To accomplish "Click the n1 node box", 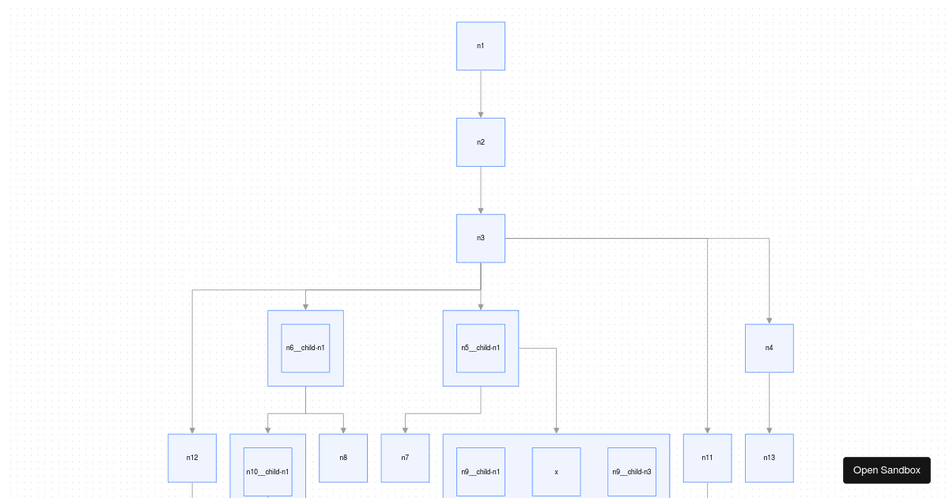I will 481,46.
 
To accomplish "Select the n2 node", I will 481,142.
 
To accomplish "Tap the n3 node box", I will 481,238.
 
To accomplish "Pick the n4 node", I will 769,348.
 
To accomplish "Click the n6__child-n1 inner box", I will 305,348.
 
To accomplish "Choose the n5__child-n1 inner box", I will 481,348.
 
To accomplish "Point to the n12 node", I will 192,458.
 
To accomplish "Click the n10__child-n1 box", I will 267,472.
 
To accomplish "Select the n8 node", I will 343,458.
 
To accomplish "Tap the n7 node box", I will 405,458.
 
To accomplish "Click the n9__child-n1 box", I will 481,472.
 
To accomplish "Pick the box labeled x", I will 556,472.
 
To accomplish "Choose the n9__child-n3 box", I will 632,472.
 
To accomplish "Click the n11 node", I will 707,458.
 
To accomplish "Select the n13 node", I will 769,458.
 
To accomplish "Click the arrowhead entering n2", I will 481,115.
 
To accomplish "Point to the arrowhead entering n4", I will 769,320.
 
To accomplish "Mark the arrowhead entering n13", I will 769,430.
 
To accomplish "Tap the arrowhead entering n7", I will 405,430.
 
